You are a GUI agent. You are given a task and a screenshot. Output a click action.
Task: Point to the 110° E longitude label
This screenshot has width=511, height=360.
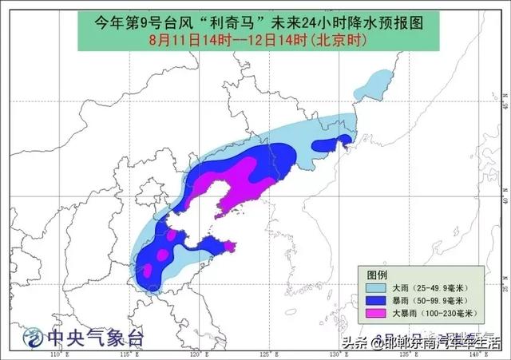click(56, 354)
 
